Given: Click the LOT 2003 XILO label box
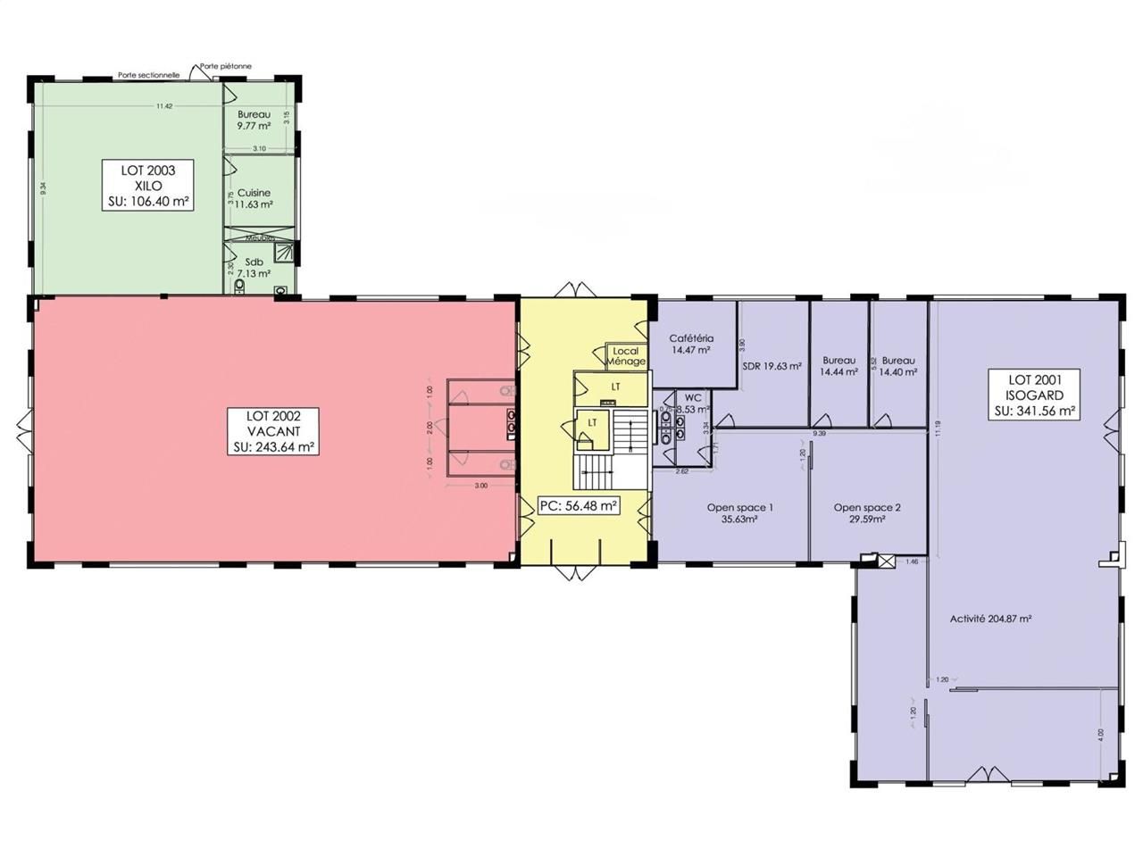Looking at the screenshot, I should (148, 186).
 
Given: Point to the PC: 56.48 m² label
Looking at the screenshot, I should (579, 506).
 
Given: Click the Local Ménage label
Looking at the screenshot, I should (626, 356).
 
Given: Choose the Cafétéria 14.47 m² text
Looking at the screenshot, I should (691, 345).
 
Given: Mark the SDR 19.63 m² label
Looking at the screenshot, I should (772, 365).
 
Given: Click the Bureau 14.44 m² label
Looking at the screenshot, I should (838, 366).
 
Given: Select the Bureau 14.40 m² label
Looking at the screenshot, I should (898, 366).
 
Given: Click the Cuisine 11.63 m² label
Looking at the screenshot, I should (254, 198).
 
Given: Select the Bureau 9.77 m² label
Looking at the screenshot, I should (254, 121).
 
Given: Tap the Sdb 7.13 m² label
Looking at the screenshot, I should (254, 268).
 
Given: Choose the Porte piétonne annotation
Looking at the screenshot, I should (226, 66).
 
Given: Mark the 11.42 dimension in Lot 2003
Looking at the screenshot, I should (163, 106).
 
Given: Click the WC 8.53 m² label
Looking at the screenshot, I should (693, 404).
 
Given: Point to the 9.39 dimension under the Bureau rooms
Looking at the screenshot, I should (819, 433).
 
